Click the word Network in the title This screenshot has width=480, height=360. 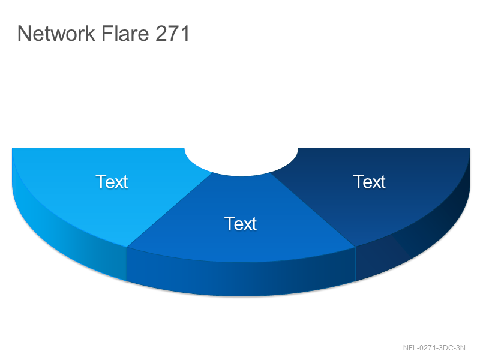pos(56,33)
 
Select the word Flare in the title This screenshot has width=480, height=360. pos(125,33)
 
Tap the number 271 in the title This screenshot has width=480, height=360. pos(173,33)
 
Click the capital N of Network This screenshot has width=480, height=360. pos(24,33)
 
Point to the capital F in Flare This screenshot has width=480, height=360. pos(107,33)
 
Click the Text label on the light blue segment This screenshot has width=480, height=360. pos(112,182)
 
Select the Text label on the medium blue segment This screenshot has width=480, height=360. pos(241,223)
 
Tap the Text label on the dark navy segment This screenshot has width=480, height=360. pos(370,182)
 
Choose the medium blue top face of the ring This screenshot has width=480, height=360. pos(241,233)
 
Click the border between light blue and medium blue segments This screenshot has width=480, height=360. pos(169,209)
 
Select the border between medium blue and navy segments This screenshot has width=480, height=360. pos(313,209)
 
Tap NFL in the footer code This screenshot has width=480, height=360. pos(410,348)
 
